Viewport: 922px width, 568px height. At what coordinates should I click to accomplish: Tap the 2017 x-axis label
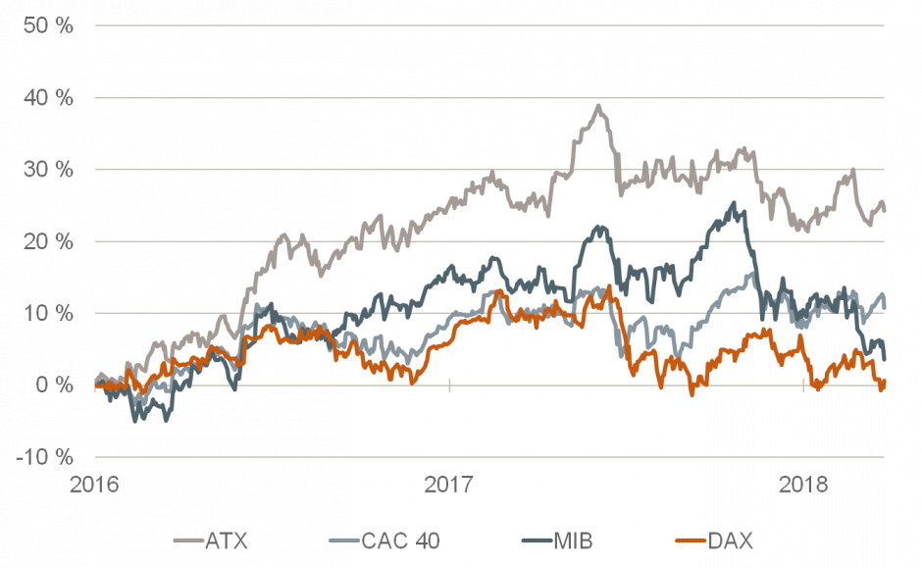click(x=449, y=484)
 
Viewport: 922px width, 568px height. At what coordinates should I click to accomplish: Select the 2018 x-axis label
click(x=803, y=484)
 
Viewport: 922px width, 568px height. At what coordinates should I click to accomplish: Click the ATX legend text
click(x=223, y=541)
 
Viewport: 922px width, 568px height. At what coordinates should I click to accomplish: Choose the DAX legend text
click(x=731, y=541)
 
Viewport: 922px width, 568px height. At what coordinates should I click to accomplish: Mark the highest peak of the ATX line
click(x=598, y=105)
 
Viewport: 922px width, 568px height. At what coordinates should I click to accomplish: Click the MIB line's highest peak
click(x=734, y=203)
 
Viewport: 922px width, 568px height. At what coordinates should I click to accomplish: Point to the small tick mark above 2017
click(x=449, y=385)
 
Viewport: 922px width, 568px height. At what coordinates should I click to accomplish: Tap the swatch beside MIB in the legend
click(x=535, y=541)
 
